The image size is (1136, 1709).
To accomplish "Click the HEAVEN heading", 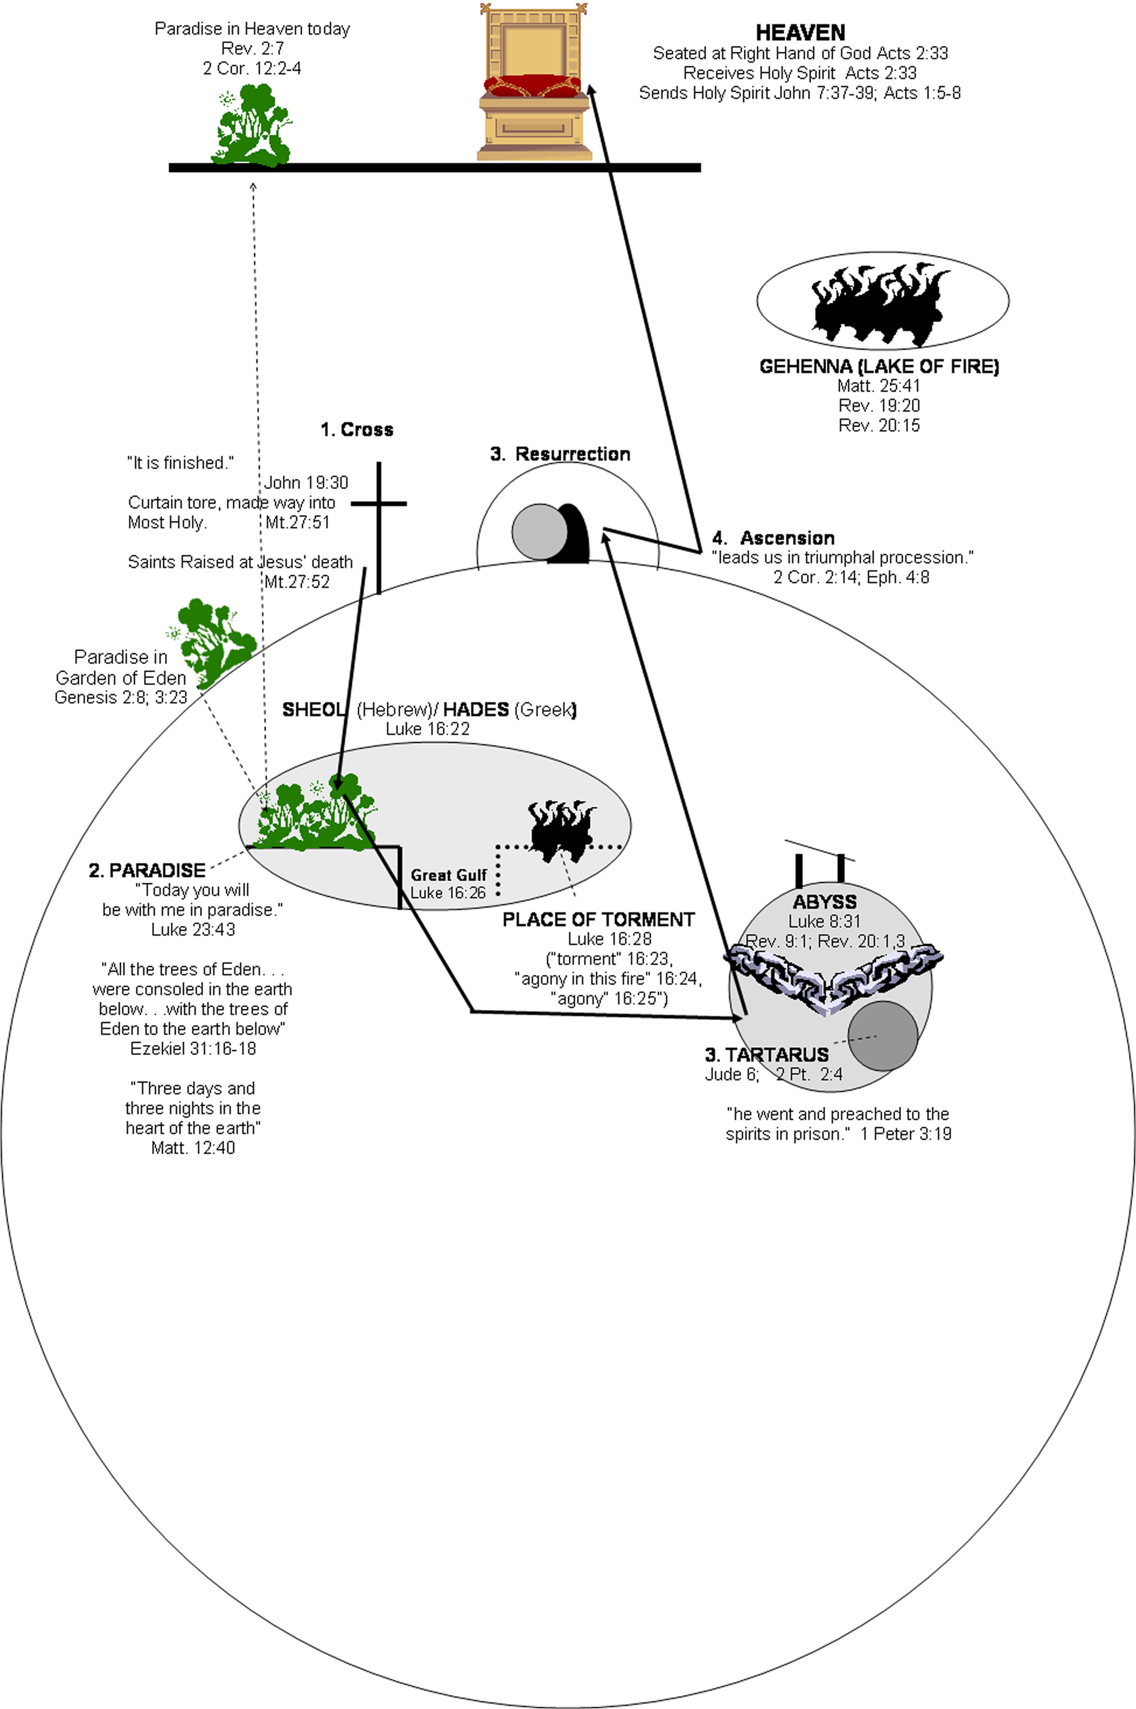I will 800,33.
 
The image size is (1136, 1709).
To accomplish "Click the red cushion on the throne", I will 533,87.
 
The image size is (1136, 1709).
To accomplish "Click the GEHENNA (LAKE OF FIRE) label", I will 879,367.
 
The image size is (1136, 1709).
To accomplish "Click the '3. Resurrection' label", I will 560,454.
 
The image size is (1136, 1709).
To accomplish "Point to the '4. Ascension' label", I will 773,538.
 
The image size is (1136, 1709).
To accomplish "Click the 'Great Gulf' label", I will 448,875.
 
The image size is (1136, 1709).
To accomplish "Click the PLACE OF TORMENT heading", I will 598,919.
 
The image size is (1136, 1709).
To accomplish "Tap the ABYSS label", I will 824,902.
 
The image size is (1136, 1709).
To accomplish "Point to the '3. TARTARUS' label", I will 767,1055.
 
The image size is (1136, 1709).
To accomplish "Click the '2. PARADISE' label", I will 147,870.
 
